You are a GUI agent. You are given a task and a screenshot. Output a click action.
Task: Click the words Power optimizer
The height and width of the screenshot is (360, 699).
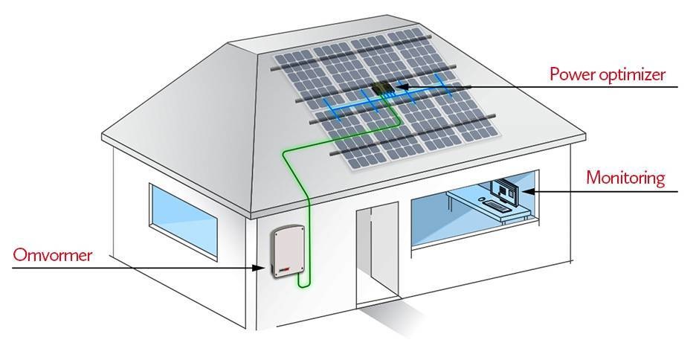607,74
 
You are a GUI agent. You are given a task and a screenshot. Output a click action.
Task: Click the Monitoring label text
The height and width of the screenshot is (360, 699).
624,179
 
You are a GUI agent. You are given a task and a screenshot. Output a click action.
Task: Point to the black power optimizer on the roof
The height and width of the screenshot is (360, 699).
383,90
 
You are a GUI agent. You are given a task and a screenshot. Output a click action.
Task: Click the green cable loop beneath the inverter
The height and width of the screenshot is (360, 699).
303,282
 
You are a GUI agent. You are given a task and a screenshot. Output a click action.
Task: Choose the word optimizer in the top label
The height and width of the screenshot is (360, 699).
631,75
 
